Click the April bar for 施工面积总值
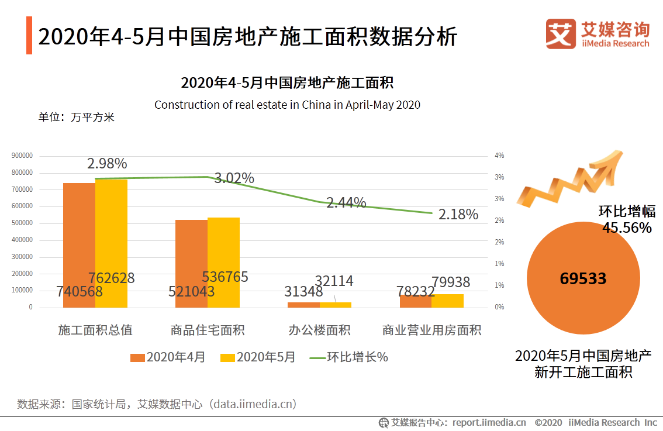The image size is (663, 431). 79,245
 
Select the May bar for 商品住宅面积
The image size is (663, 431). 223,263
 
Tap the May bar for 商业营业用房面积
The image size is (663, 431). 448,301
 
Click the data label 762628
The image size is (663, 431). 112,278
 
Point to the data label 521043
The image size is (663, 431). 191,291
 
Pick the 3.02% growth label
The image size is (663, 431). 234,178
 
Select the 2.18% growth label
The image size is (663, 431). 458,214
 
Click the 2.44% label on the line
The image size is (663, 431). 346,203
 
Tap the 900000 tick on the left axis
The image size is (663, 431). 22,156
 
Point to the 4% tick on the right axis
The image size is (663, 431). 499,156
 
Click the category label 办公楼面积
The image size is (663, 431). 319,330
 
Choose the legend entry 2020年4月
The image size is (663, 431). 168,357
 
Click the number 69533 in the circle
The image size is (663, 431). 583,278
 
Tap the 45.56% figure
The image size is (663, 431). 627,227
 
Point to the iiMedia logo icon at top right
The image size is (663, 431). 561,34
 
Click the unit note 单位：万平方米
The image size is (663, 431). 76,117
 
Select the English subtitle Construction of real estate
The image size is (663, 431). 287,105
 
